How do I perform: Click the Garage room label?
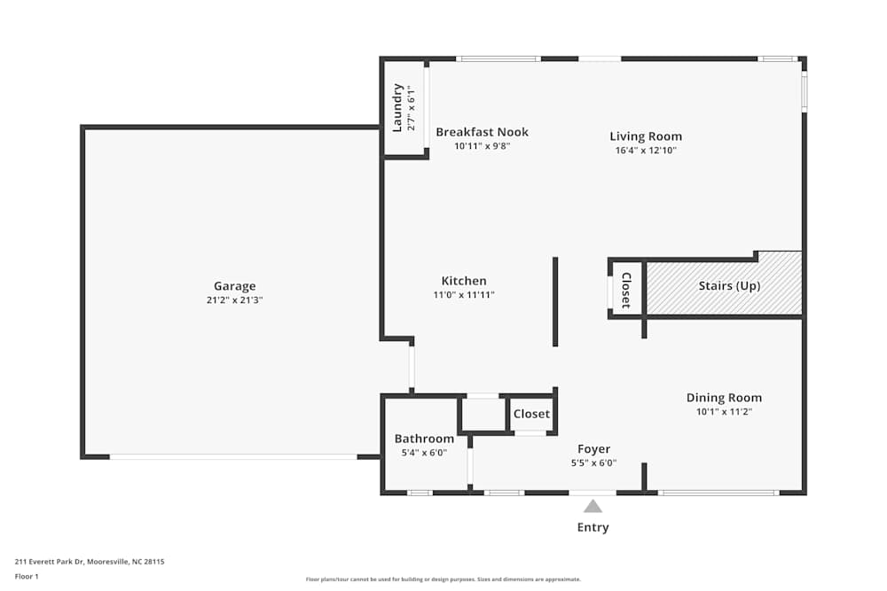click(234, 285)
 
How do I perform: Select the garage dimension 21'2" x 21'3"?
click(234, 300)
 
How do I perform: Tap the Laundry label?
click(397, 108)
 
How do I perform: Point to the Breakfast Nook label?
click(482, 132)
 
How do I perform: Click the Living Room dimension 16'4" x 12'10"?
click(646, 151)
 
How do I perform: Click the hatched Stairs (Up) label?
click(729, 286)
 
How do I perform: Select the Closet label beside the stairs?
click(625, 290)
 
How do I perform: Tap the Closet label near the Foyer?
click(531, 414)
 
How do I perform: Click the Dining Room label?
click(724, 398)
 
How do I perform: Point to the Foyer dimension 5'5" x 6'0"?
click(593, 463)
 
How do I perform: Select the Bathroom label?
click(424, 439)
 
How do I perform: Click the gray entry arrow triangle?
click(593, 506)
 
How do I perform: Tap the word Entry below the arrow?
click(593, 527)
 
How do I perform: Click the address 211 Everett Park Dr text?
click(90, 561)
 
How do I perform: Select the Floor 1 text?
click(27, 576)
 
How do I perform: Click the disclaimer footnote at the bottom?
click(443, 579)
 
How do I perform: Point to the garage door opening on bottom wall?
click(233, 456)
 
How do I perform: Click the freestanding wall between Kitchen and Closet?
click(555, 301)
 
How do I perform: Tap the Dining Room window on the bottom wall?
click(718, 492)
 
